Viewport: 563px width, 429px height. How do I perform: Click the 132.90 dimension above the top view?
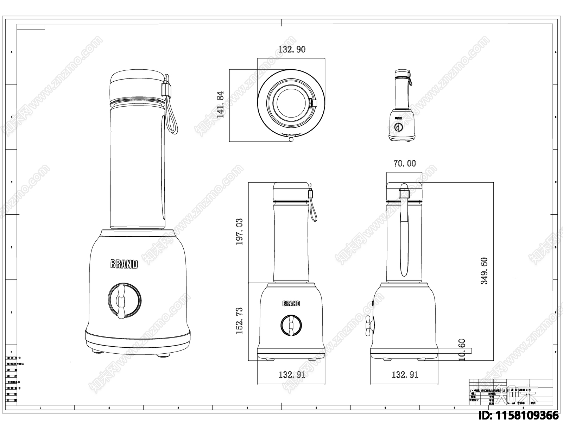pyautogui.click(x=292, y=50)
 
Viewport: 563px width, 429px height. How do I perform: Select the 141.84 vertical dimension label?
pyautogui.click(x=221, y=105)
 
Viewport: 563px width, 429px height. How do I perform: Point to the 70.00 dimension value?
pyautogui.click(x=404, y=164)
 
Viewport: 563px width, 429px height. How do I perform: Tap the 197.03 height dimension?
pyautogui.click(x=240, y=232)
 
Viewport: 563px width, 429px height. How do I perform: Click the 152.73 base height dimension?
pyautogui.click(x=240, y=321)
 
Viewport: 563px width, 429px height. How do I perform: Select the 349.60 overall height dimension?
pyautogui.click(x=484, y=271)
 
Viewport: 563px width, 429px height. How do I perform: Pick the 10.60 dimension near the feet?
pyautogui.click(x=462, y=349)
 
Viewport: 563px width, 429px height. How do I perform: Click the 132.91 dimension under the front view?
pyautogui.click(x=292, y=375)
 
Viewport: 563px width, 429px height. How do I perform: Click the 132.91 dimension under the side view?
pyautogui.click(x=405, y=375)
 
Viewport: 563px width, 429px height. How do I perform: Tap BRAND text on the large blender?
pyautogui.click(x=124, y=264)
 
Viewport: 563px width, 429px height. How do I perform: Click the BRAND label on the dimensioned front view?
pyautogui.click(x=291, y=303)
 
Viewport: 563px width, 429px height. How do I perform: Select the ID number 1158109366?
pyautogui.click(x=519, y=416)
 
